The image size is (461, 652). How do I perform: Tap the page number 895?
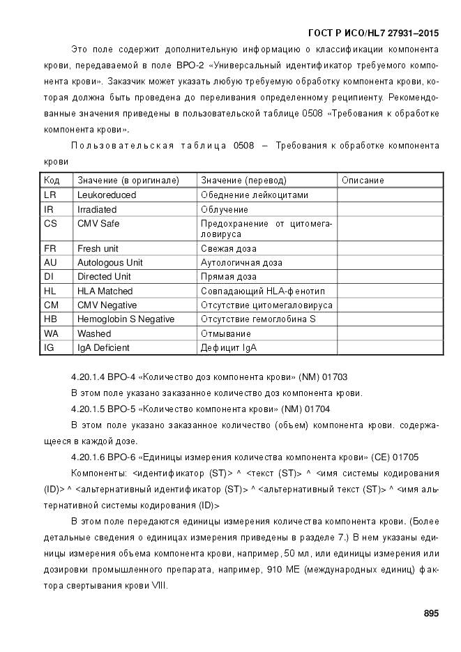coord(430,613)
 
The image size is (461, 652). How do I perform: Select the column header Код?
coord(52,180)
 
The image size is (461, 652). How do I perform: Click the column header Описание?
coord(363,180)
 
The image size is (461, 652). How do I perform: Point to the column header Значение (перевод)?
coord(243,180)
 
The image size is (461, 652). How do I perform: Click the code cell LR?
coord(50,195)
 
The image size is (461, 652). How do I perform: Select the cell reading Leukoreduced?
coord(107,195)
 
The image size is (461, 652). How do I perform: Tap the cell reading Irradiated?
coord(97,209)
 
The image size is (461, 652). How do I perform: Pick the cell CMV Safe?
coord(98,224)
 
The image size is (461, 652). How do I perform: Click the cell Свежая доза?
coord(228,248)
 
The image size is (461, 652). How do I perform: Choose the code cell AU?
coord(50,262)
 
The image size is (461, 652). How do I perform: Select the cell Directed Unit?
coord(104,276)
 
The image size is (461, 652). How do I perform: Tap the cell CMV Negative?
coord(107,305)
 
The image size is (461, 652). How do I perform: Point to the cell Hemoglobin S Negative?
coord(126,319)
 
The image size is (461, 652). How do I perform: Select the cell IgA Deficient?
coord(103,347)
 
